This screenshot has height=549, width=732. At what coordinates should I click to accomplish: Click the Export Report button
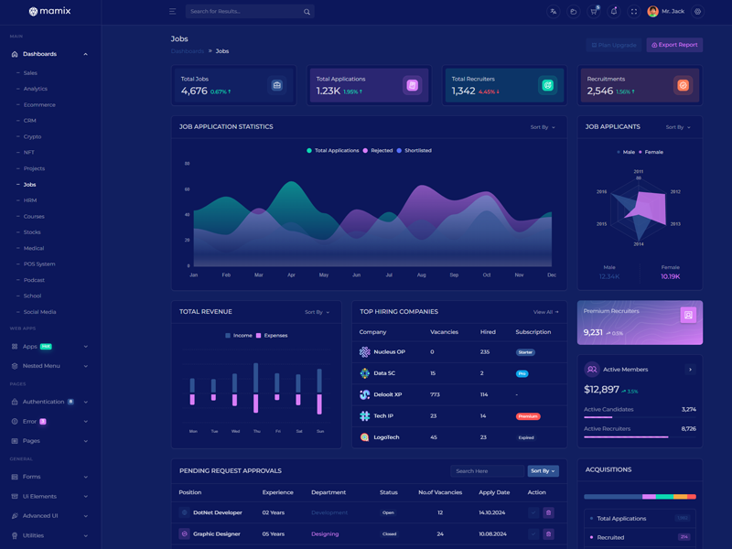click(674, 45)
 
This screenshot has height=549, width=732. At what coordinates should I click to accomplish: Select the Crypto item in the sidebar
click(32, 136)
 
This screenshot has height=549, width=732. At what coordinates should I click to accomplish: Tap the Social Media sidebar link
click(40, 312)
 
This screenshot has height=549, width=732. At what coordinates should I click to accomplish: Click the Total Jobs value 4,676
click(194, 91)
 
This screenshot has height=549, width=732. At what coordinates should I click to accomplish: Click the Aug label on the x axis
click(421, 274)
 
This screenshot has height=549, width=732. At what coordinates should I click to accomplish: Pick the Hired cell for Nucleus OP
click(485, 352)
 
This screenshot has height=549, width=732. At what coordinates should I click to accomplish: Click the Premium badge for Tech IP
click(528, 416)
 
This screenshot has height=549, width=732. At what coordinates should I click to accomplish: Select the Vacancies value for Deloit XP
click(435, 394)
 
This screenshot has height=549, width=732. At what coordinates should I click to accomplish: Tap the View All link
click(545, 312)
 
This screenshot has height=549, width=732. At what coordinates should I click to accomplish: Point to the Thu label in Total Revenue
click(256, 431)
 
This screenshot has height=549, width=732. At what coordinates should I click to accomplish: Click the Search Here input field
click(487, 471)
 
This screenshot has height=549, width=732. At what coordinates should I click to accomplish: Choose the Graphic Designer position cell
click(216, 534)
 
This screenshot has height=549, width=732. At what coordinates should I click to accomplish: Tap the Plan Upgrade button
click(613, 45)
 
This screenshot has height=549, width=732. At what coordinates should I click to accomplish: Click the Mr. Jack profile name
click(673, 12)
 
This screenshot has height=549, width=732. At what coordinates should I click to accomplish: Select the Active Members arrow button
click(690, 370)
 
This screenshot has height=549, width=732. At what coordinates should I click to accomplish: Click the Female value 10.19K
click(670, 276)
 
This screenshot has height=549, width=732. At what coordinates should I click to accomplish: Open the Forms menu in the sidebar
click(32, 477)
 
